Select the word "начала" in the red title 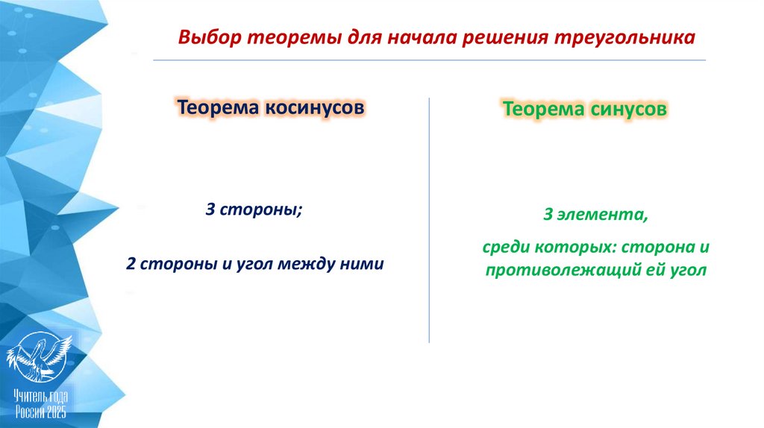(x=419, y=37)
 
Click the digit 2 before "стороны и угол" (x=130, y=263)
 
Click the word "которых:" (x=577, y=247)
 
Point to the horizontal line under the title (x=429, y=60)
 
